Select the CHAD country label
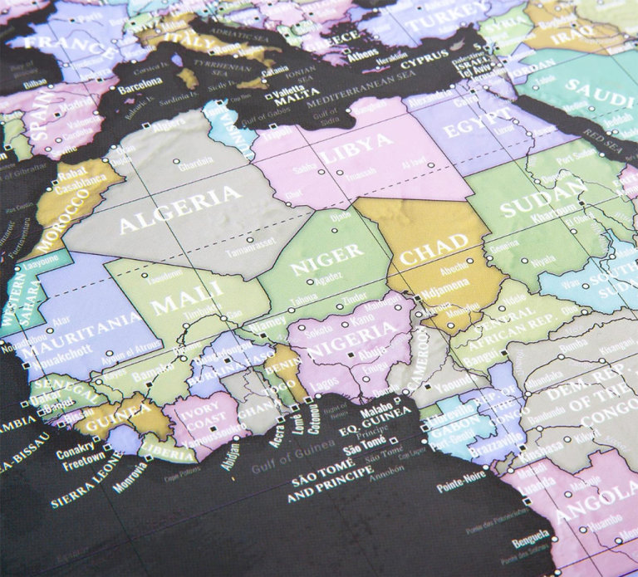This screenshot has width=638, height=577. pyautogui.click(x=435, y=251)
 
